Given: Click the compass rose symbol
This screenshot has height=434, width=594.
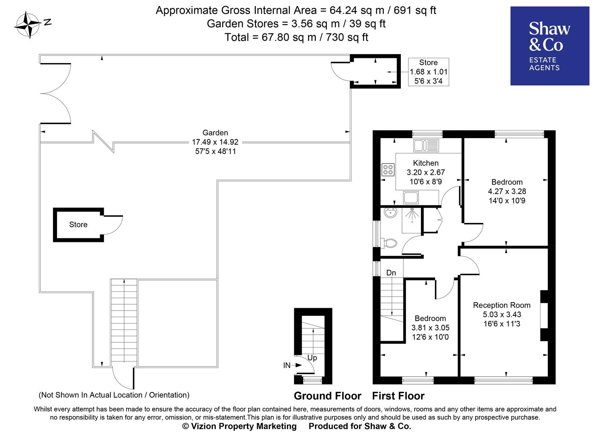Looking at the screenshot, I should coord(28,25).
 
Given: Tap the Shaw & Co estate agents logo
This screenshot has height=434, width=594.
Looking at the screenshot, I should coord(549,46).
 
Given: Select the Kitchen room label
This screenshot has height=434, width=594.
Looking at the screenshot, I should coord(426,163).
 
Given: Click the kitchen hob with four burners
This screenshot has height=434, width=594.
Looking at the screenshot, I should coord(388,170).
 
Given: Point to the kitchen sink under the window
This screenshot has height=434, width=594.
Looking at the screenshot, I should coord(426,145).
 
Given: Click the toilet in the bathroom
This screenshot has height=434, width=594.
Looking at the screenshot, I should coord(389,243).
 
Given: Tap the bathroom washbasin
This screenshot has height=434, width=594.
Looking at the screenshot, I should coord(390,213).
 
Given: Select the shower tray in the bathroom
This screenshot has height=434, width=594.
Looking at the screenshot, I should coord(411,220).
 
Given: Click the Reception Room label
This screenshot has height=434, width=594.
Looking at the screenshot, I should coord(502,305).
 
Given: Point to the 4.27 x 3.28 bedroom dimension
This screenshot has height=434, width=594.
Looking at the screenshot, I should coord(507,192).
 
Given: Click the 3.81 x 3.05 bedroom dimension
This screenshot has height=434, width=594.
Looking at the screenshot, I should coord(430,328).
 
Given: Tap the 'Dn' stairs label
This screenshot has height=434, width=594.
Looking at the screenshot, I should coord(391,273).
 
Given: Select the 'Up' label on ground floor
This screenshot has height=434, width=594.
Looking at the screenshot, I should coord(312,358).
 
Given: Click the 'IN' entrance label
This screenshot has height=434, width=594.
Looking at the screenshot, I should coord(287,365).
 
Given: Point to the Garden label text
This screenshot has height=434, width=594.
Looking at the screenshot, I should coord(215,133).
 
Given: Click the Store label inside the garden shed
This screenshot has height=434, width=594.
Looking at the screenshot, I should coord(78,225).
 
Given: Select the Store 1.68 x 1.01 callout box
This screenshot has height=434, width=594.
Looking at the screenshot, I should coord(429,72).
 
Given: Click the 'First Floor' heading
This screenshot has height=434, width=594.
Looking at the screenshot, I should coord(398,396).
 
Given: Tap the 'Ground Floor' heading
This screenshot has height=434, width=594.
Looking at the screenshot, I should coord(327,396).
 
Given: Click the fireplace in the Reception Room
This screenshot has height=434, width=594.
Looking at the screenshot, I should coord(544,316).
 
